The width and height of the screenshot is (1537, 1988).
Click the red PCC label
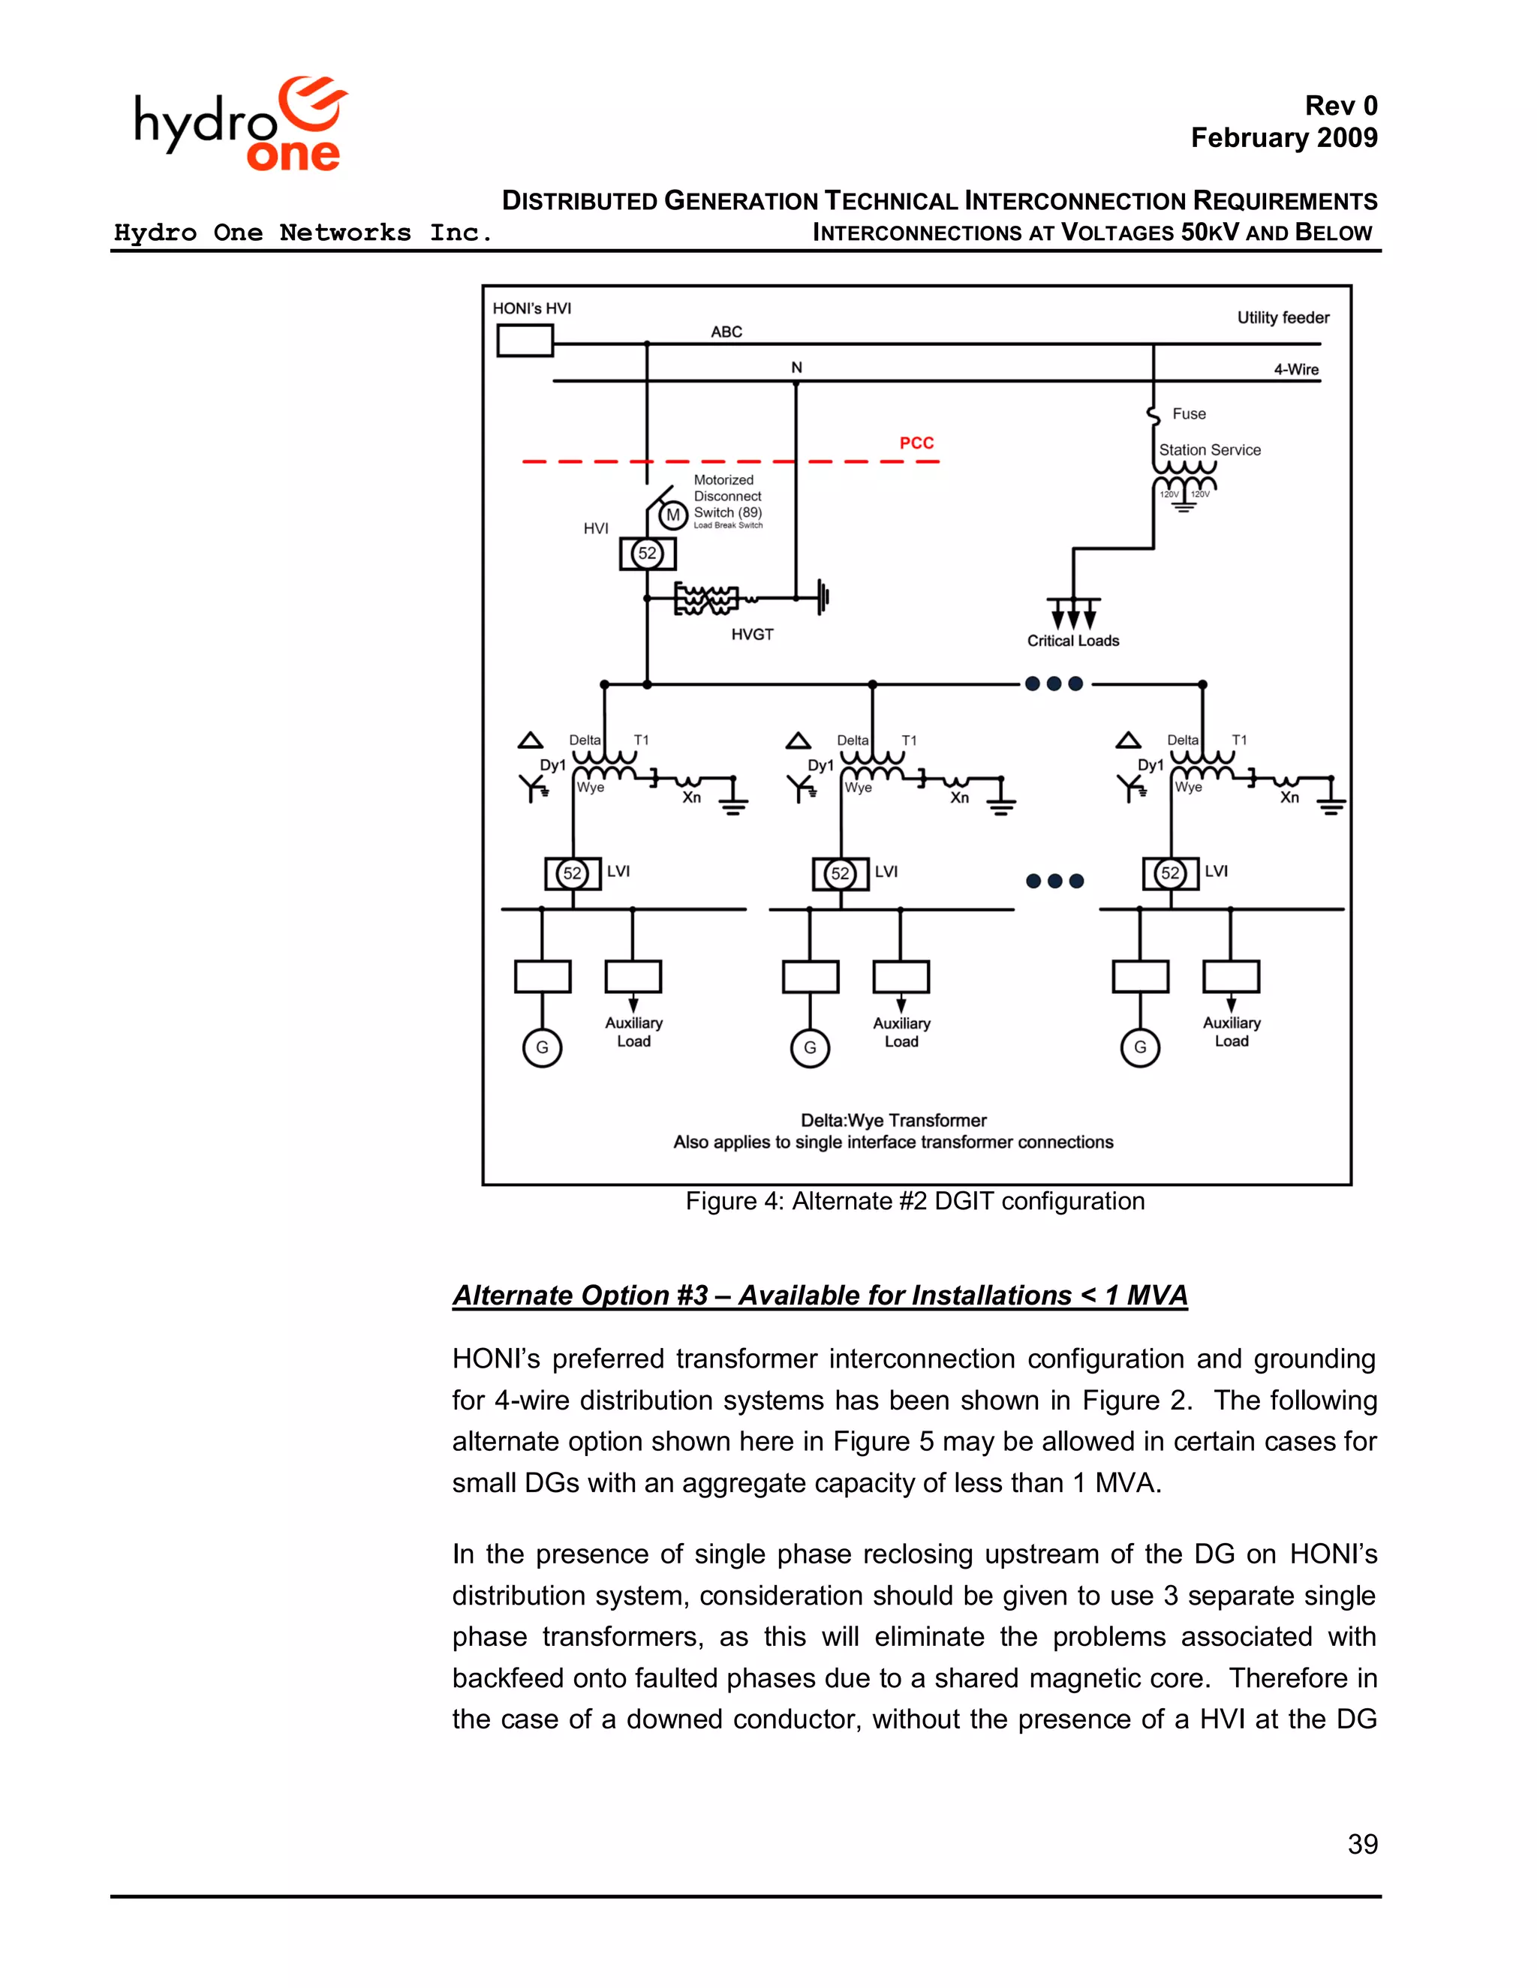coord(916,443)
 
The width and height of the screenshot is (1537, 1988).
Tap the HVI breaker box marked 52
coord(648,554)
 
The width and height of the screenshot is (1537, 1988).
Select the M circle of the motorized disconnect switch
coord(673,516)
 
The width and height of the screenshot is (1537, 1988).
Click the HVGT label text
coord(752,635)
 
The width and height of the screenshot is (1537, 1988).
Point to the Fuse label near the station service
coord(1188,414)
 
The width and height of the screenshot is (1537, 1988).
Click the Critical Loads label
coord(1072,641)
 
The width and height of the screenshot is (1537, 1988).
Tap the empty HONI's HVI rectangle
coord(525,341)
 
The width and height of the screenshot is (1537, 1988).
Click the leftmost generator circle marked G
coord(542,1048)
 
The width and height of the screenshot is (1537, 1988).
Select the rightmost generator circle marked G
coord(1139,1048)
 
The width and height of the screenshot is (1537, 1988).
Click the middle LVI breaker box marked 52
coord(840,874)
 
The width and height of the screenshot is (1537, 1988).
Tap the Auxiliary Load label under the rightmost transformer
coord(1231,1032)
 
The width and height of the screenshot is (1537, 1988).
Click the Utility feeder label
coord(1282,317)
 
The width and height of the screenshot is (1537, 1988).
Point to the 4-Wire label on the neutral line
coord(1295,370)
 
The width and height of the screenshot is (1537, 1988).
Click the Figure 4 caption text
coord(914,1202)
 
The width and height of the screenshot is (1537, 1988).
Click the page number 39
coord(1362,1844)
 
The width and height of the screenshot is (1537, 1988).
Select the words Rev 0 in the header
coord(1340,107)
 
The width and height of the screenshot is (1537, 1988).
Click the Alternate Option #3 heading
coord(820,1296)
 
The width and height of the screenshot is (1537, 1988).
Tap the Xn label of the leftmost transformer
coord(692,798)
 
